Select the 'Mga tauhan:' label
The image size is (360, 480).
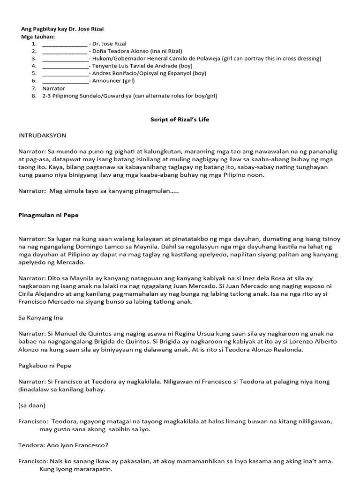[x=38, y=37]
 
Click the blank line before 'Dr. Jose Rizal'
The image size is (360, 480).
[x=64, y=44]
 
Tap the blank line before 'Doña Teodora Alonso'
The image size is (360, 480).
[x=64, y=52]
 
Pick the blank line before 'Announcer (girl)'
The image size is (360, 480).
[x=65, y=81]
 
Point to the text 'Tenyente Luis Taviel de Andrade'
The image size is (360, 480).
[x=135, y=66]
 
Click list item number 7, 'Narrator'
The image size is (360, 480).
[x=53, y=88]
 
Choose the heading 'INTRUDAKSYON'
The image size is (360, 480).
[x=42, y=135]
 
